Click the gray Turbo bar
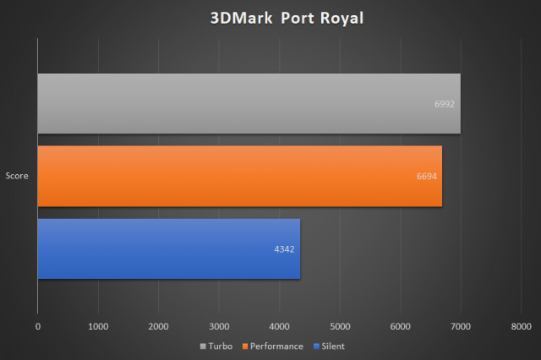(249, 103)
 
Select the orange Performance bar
(239, 176)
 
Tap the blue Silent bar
(168, 248)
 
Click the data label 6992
(444, 104)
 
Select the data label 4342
(283, 249)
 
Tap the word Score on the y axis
(18, 176)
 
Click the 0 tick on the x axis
(38, 325)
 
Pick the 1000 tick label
(98, 325)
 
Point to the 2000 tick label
(159, 325)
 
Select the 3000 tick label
(219, 325)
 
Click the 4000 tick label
(280, 325)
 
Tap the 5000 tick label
(340, 325)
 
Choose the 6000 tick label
(400, 325)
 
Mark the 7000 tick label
(461, 325)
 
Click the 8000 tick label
(521, 325)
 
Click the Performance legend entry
(274, 346)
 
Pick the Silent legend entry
(330, 346)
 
